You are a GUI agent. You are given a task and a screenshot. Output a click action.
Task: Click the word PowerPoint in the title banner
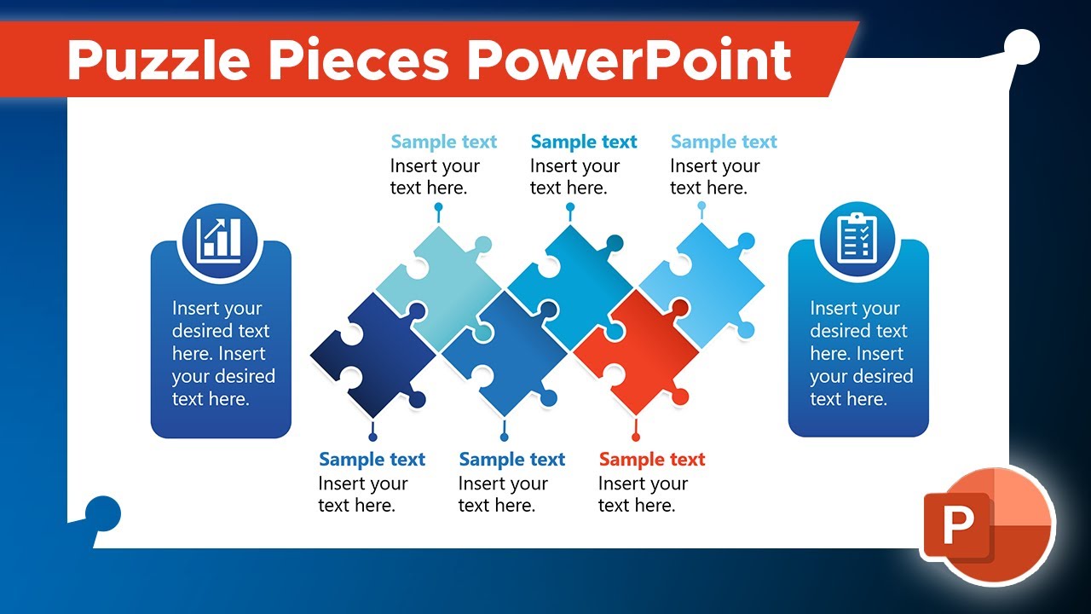(629, 60)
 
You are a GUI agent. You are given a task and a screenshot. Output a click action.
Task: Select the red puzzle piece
(635, 351)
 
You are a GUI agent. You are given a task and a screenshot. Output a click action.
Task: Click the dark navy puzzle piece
(372, 351)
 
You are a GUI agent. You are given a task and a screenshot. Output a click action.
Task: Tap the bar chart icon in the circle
(220, 239)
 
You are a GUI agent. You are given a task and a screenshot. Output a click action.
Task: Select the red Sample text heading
(652, 460)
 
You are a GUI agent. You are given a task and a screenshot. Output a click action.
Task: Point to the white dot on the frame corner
(1021, 46)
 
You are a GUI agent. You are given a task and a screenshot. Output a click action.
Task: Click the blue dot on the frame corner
(104, 514)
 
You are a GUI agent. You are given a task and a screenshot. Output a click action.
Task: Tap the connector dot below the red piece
(635, 437)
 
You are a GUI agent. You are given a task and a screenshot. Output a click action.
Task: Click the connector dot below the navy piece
(372, 437)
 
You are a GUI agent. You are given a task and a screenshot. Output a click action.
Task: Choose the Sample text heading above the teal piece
(443, 142)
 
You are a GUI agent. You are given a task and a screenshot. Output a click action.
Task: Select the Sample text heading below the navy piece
(372, 460)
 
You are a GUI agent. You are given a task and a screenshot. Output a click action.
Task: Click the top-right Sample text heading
(724, 142)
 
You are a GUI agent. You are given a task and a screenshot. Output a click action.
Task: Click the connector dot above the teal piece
(438, 207)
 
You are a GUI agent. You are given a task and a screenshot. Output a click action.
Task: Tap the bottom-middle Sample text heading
(511, 460)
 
